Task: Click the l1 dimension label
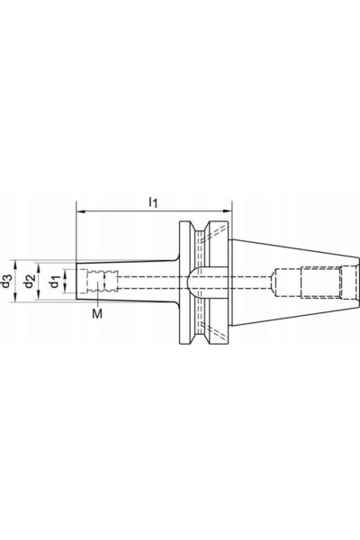153,202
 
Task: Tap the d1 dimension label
53,282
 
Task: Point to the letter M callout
97,313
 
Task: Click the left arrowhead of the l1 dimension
80,211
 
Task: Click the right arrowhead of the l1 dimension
228,211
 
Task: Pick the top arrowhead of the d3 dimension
15,264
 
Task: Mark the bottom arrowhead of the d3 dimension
15,297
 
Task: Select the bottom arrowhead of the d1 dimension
66,289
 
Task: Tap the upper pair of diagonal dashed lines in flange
214,233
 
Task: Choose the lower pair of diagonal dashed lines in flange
214,330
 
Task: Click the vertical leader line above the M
98,293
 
